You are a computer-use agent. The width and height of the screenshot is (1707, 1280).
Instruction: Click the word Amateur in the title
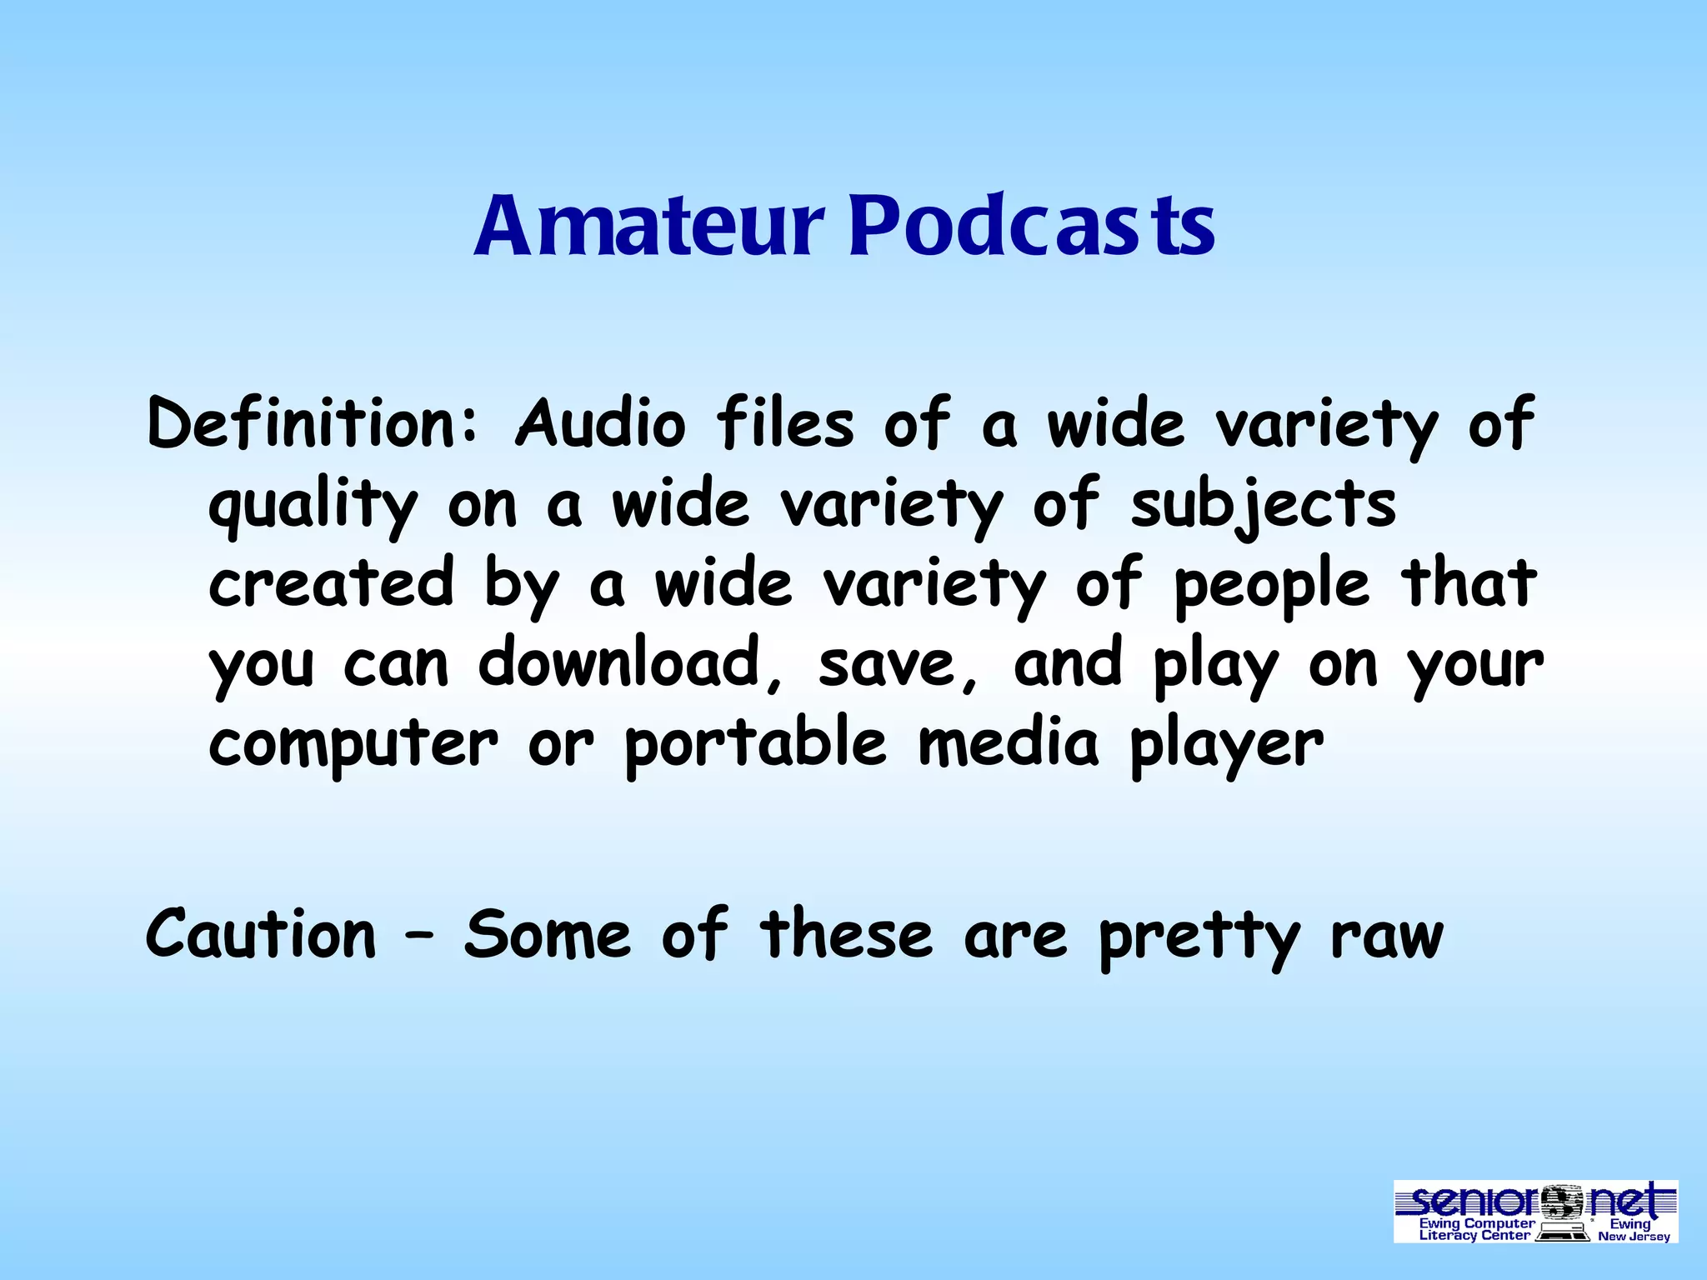(x=649, y=225)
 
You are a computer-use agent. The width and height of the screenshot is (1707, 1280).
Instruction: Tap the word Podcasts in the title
(x=1032, y=225)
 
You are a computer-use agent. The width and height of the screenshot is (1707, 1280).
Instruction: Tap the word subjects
(x=1263, y=506)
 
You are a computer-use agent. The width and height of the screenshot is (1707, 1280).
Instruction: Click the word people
(x=1271, y=586)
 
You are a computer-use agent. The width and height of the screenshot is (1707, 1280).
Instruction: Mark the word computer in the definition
(x=353, y=745)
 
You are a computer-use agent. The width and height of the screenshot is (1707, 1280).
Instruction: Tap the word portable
(x=755, y=743)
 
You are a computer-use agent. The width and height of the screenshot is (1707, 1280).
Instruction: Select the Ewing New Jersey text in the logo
(x=1633, y=1230)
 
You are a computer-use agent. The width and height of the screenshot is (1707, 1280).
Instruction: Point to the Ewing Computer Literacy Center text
(x=1475, y=1230)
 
